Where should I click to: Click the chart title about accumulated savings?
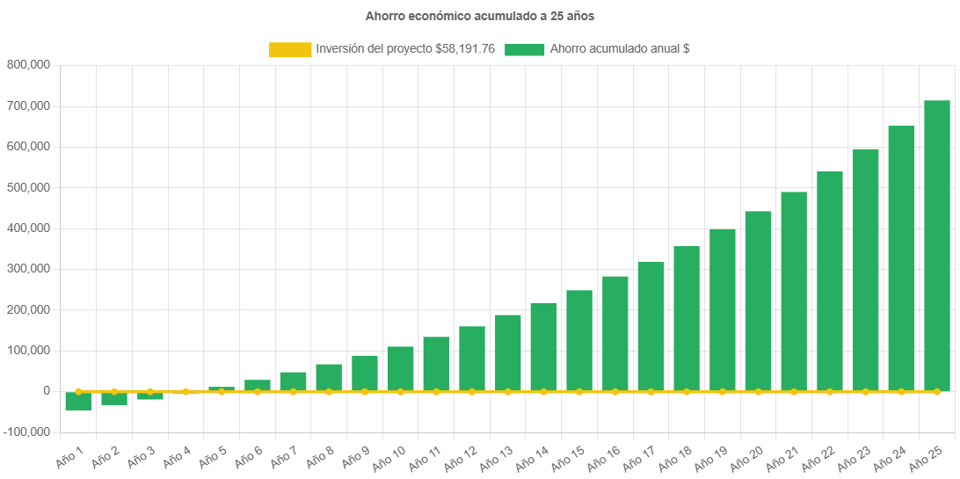point(480,16)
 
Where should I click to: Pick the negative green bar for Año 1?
point(78,402)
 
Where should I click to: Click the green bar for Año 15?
point(579,340)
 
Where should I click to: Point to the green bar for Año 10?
point(400,368)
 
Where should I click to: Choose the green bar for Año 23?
point(865,269)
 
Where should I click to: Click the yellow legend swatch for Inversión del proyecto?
point(290,50)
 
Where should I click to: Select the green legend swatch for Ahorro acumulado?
point(525,50)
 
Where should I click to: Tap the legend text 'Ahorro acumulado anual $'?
point(620,49)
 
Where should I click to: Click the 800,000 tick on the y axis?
point(28,64)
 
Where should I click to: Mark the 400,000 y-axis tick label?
point(28,228)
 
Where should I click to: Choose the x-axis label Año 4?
point(176,455)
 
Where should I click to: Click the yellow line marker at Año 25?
point(936,391)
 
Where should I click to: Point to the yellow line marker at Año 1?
point(78,391)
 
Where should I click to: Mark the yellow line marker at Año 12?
point(472,391)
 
